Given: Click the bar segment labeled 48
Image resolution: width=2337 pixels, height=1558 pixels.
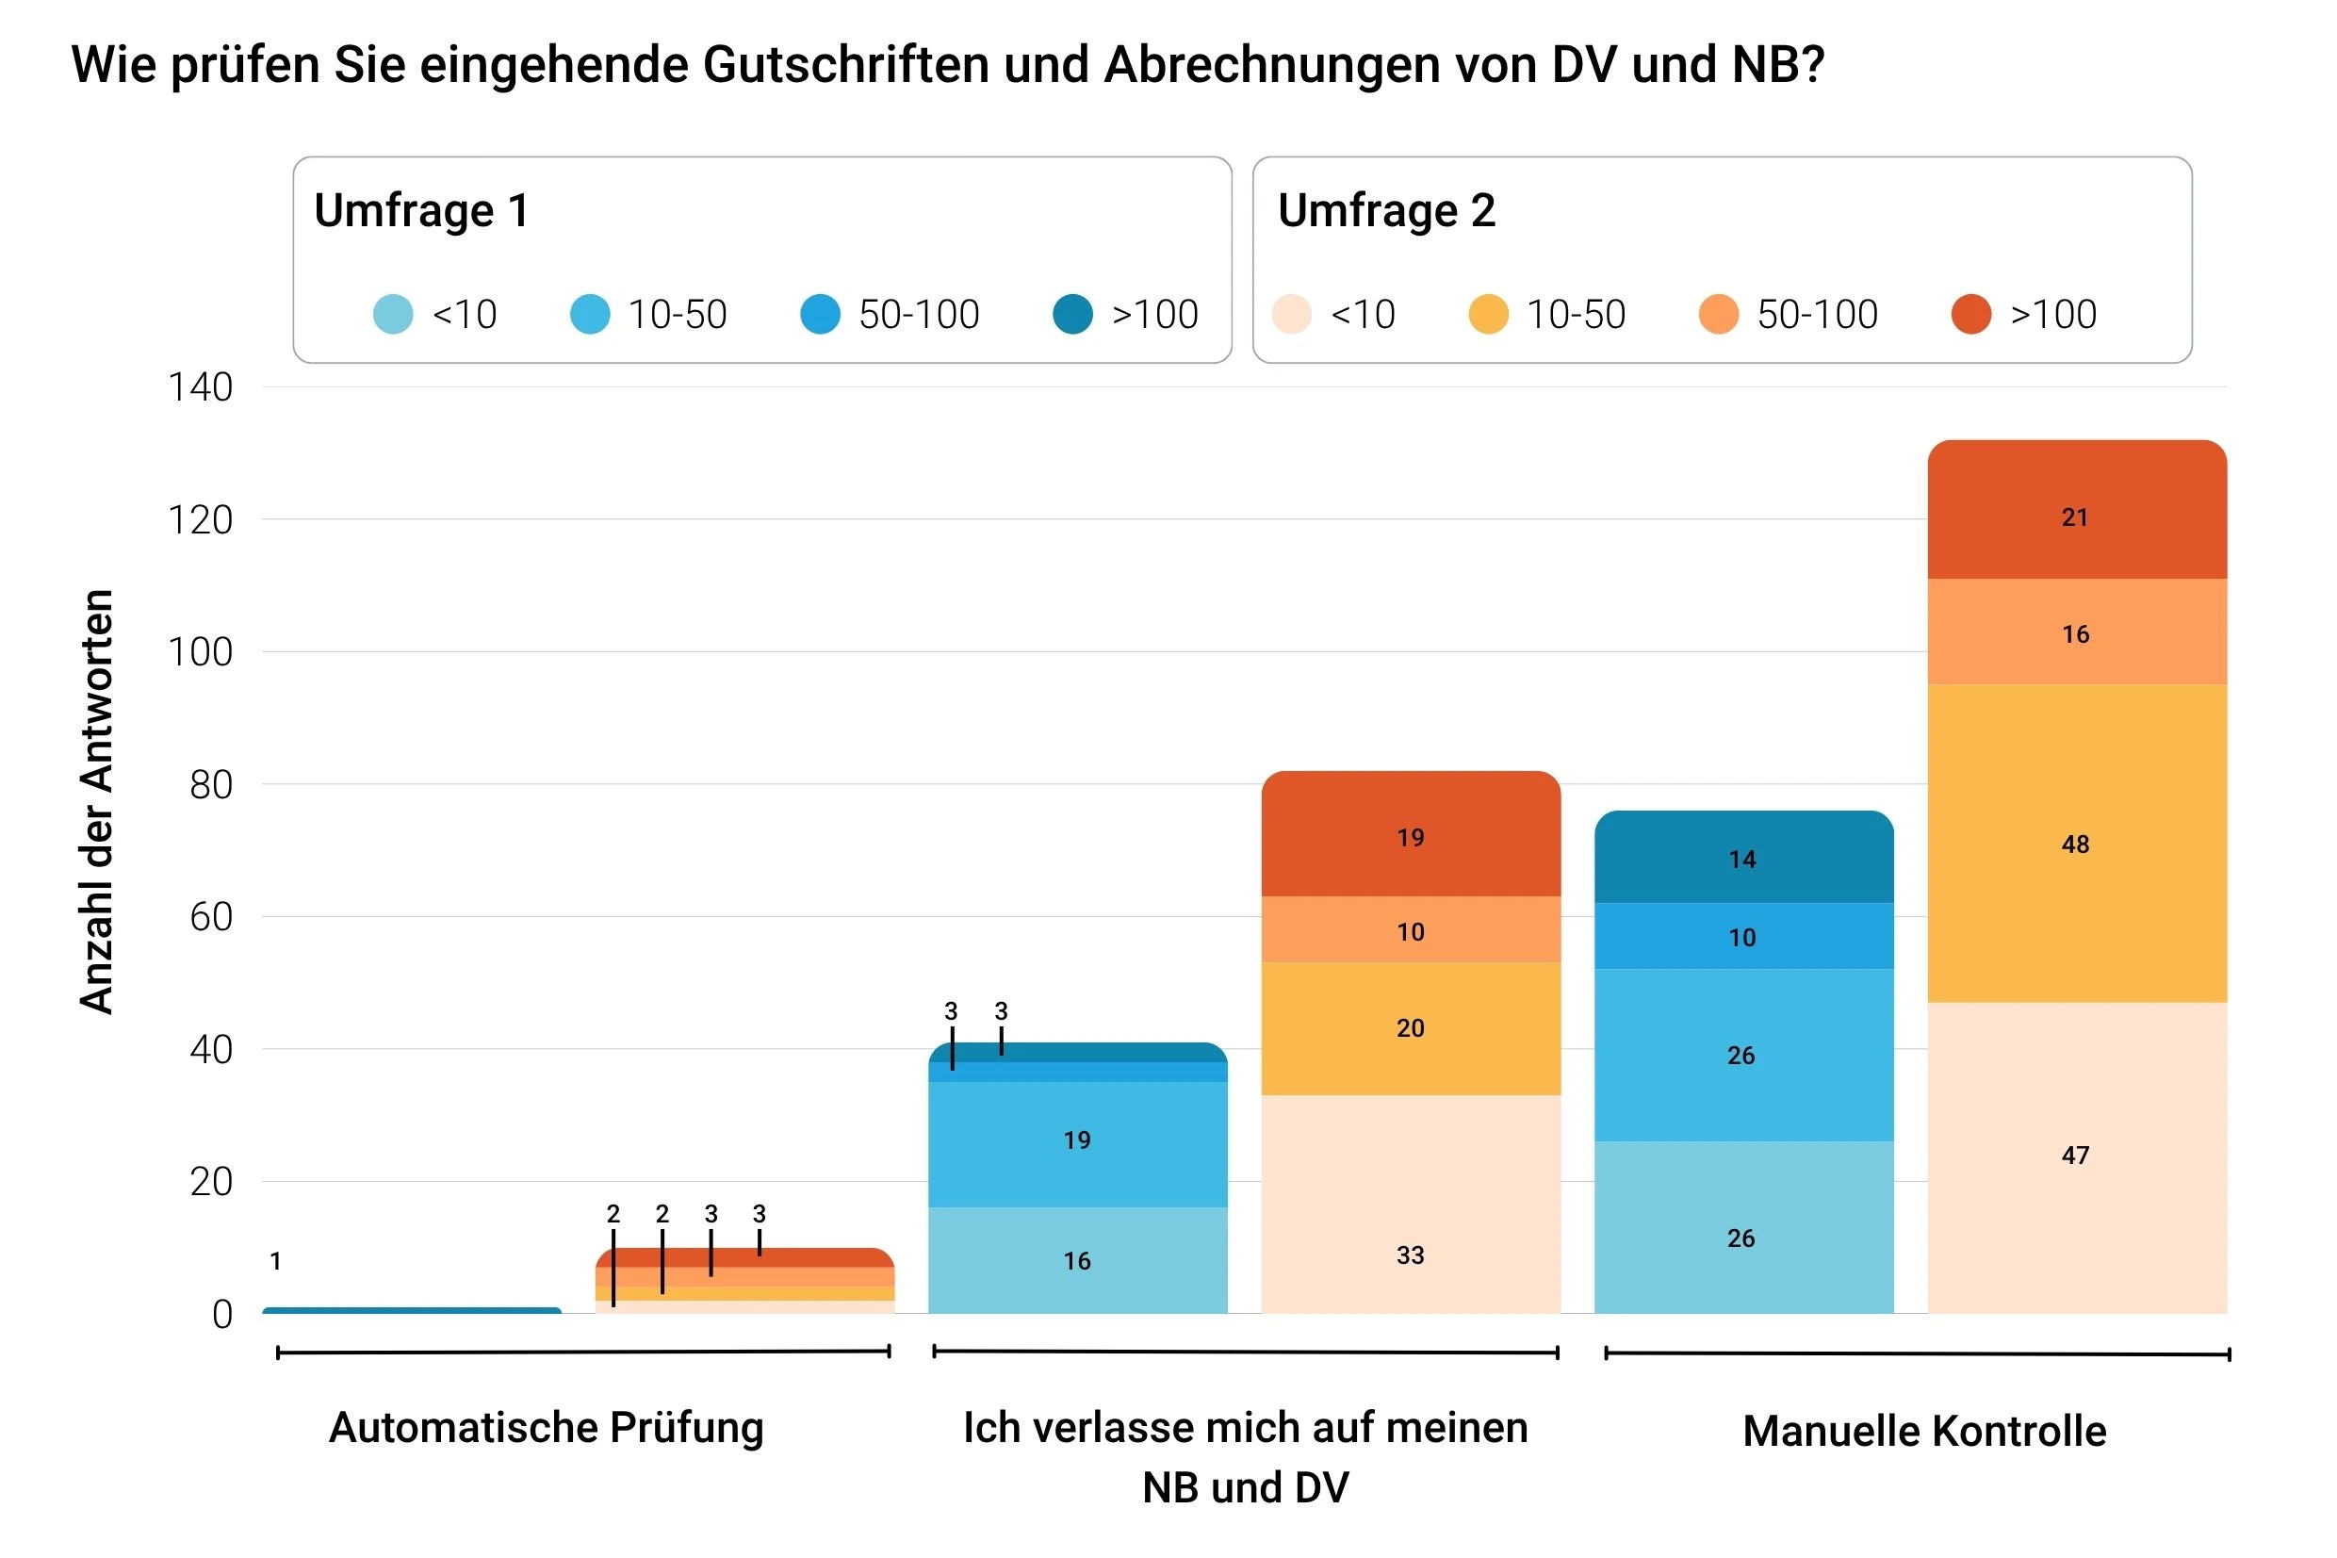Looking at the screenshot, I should pyautogui.click(x=2076, y=843).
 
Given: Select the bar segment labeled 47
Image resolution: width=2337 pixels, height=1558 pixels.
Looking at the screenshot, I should pyautogui.click(x=2076, y=1156).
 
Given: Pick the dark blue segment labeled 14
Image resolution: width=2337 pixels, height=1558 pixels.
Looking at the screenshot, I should pyautogui.click(x=1743, y=858).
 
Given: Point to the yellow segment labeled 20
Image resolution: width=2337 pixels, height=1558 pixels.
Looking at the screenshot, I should pyautogui.click(x=1411, y=1028).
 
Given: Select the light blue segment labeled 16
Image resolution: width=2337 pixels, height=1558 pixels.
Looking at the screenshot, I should pyautogui.click(x=1078, y=1260).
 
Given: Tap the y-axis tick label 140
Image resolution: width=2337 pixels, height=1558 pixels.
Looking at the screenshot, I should pyautogui.click(x=200, y=387).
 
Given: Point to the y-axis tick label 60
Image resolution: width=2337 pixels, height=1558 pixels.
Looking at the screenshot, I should pyautogui.click(x=210, y=917).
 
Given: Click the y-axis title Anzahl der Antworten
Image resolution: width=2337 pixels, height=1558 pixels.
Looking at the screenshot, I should pyautogui.click(x=96, y=801).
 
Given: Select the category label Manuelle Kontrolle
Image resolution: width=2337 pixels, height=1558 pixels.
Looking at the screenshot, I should pyautogui.click(x=1924, y=1432).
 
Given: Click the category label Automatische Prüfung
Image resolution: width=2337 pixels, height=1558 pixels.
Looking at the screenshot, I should pyautogui.click(x=547, y=1428).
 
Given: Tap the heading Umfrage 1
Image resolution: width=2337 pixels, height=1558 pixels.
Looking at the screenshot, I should pyautogui.click(x=421, y=210).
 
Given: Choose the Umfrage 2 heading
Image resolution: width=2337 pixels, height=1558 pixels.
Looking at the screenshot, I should pyautogui.click(x=1385, y=210).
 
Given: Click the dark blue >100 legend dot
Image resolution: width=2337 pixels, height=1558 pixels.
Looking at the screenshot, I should pyautogui.click(x=1072, y=314).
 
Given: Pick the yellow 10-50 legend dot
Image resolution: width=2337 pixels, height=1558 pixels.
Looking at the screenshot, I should pyautogui.click(x=1488, y=314).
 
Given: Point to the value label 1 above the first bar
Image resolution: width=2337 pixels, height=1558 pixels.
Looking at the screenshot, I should pyautogui.click(x=275, y=1261).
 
